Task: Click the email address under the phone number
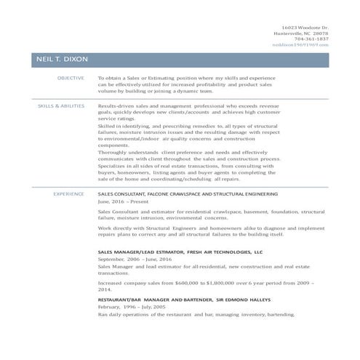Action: (x=300, y=44)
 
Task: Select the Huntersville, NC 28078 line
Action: (x=301, y=33)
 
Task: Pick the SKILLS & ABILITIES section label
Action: (x=61, y=106)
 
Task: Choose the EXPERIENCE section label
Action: (x=69, y=194)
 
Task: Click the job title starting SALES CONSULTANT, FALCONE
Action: (x=188, y=194)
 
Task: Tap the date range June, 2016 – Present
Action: (x=122, y=203)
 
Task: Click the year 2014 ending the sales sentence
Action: (x=104, y=289)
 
